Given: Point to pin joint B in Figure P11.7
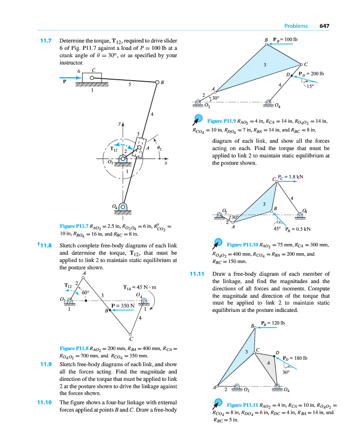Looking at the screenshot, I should click(157, 83).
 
